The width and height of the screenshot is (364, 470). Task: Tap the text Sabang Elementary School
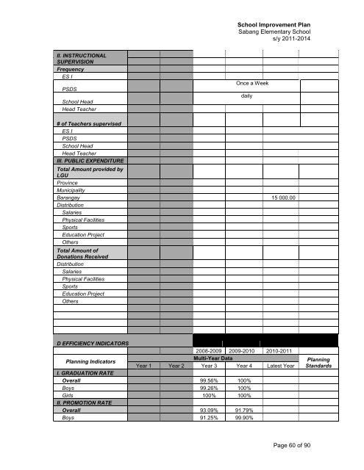[274, 34]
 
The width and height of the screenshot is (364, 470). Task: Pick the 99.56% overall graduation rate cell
[210, 381]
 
